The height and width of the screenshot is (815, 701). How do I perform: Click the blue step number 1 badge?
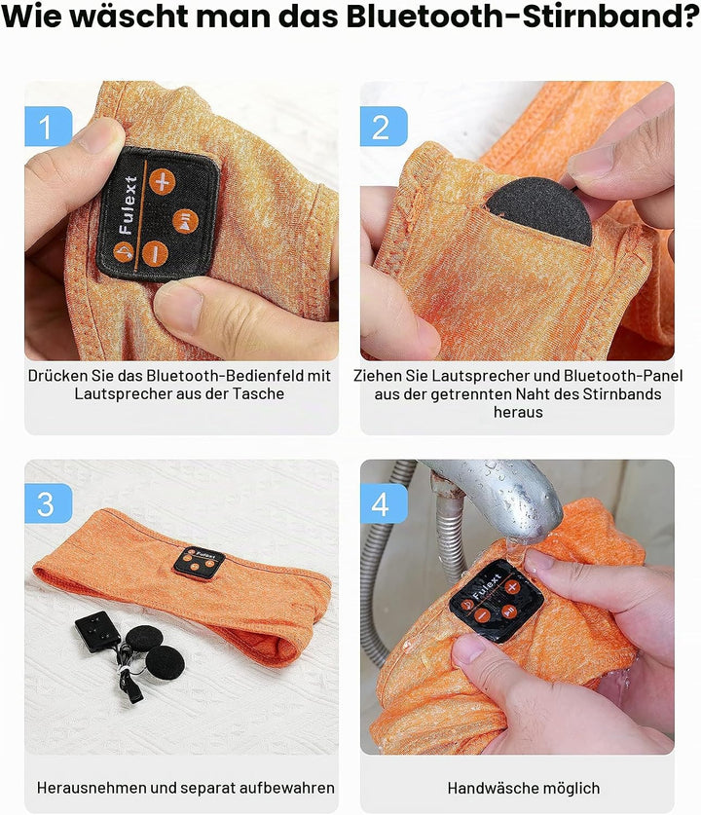(49, 127)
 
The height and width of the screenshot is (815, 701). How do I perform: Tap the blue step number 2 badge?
(384, 127)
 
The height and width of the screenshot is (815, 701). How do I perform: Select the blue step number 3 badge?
(49, 503)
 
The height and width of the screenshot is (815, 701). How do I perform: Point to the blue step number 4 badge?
(384, 503)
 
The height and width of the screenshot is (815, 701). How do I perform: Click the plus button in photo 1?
(163, 181)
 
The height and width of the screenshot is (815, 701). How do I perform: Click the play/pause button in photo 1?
(186, 221)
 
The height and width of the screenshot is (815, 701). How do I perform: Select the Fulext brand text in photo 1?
(128, 204)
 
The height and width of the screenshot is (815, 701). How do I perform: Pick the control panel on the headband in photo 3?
(199, 563)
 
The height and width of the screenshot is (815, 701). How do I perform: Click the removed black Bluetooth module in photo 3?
(97, 632)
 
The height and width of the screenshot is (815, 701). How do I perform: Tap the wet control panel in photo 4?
(497, 601)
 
